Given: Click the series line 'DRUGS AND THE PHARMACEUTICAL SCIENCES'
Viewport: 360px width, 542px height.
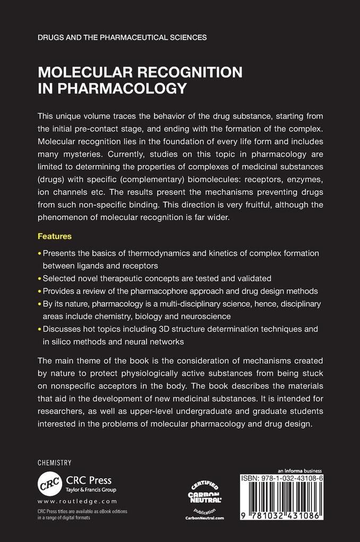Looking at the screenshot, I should (x=122, y=38).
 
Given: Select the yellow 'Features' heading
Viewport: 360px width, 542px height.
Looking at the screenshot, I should (x=54, y=235).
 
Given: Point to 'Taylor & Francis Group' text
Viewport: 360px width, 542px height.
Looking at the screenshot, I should (x=91, y=490).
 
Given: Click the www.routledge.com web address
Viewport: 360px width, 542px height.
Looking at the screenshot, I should (x=77, y=501).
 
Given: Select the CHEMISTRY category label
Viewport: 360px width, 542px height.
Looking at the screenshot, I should (x=54, y=463).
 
